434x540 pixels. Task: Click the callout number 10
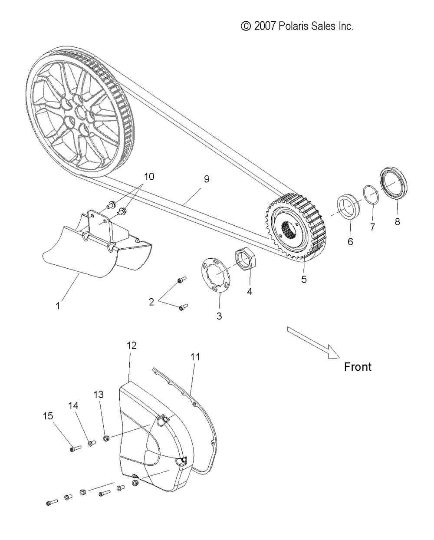pos(149,177)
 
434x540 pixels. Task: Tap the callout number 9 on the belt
pos(207,179)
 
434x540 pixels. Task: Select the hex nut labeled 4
pos(245,259)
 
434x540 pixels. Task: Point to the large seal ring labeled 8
pos(393,183)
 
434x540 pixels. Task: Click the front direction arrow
pos(313,342)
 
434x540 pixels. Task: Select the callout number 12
pos(132,346)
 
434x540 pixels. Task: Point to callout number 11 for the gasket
pos(195,357)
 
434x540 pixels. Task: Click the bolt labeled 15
pos(75,448)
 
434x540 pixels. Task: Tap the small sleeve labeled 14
pos(91,443)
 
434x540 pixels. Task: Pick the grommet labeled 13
pos(106,438)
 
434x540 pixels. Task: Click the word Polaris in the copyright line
pos(293,26)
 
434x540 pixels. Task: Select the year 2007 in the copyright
pos(265,26)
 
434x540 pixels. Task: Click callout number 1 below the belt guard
pos(58,306)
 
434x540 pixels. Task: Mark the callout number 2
pos(151,302)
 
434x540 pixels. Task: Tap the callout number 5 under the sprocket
pos(304,279)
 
